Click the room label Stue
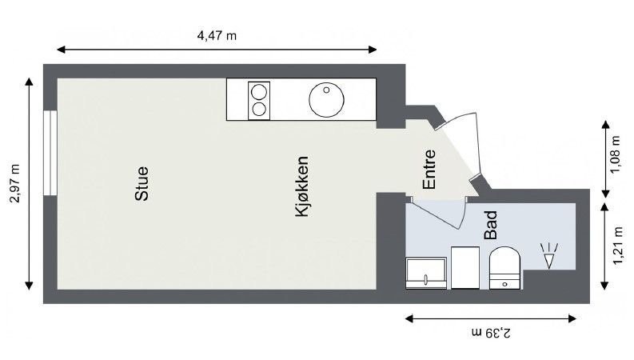(142, 183)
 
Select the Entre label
(429, 170)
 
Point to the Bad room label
(491, 226)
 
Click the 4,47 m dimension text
(217, 35)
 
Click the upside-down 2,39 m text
(491, 331)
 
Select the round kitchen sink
(326, 99)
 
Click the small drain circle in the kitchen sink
(327, 90)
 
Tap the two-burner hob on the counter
(260, 99)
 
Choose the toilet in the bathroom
(504, 267)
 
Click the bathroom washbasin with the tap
(426, 273)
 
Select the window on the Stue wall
(50, 153)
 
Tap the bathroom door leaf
(436, 210)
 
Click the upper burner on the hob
(260, 90)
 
